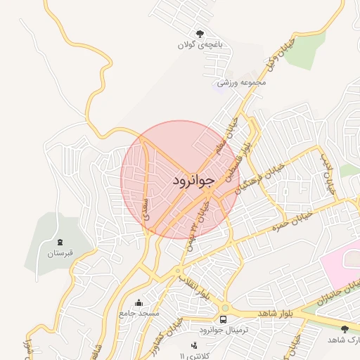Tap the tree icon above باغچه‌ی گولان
tap(200, 32)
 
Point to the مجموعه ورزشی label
tap(242, 82)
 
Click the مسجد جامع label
tap(140, 312)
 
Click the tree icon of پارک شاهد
tap(344, 329)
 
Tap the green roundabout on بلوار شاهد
tap(224, 307)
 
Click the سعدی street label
tap(146, 210)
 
